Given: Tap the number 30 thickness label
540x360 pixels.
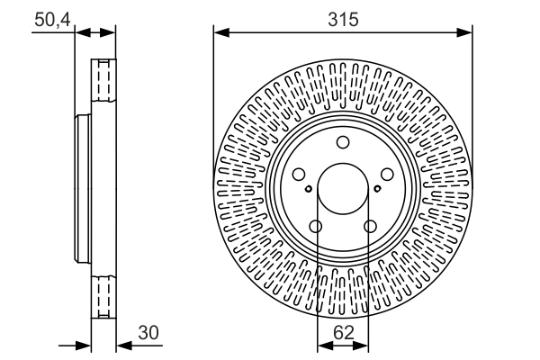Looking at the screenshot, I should point(148,333).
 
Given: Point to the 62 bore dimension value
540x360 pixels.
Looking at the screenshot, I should point(342,333).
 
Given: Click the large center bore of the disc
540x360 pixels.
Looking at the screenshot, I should point(342,188).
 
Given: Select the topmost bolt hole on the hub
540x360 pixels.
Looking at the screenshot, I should point(342,142).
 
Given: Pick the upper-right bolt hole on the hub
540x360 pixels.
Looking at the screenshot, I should point(386,175).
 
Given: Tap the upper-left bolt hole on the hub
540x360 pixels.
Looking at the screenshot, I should point(299,175).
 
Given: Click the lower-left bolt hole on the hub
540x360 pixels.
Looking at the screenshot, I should point(315,227).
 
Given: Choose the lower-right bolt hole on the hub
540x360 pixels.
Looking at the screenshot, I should point(370,227).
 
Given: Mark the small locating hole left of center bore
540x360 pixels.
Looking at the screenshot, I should point(309,189).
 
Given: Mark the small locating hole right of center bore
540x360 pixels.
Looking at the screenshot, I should point(376,189).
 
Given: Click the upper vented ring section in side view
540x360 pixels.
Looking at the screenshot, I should point(104,81).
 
